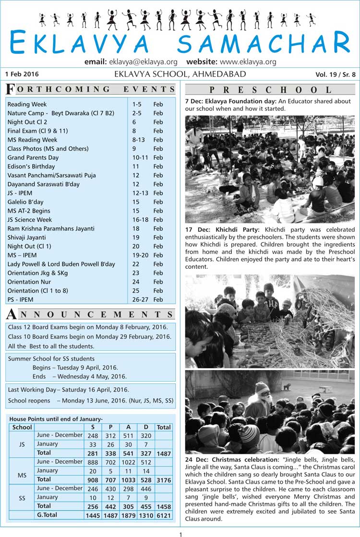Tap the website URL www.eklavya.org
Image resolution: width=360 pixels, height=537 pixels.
click(x=248, y=62)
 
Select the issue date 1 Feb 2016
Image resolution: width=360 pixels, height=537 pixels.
click(x=22, y=74)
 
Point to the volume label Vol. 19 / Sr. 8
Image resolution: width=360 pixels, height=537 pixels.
click(x=336, y=74)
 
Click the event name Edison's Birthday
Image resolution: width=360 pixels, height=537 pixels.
click(x=29, y=166)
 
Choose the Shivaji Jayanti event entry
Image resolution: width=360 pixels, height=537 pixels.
click(x=27, y=237)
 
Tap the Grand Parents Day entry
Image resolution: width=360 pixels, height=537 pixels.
click(x=33, y=157)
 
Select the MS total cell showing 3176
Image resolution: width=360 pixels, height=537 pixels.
click(x=163, y=479)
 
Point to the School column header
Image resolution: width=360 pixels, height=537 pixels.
click(x=22, y=427)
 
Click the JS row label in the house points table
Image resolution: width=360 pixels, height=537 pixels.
click(x=22, y=444)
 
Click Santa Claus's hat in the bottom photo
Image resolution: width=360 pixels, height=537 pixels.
click(x=262, y=387)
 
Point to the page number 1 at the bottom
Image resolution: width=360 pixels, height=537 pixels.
click(x=180, y=534)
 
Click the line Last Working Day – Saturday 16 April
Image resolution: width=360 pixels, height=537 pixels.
click(x=68, y=390)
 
